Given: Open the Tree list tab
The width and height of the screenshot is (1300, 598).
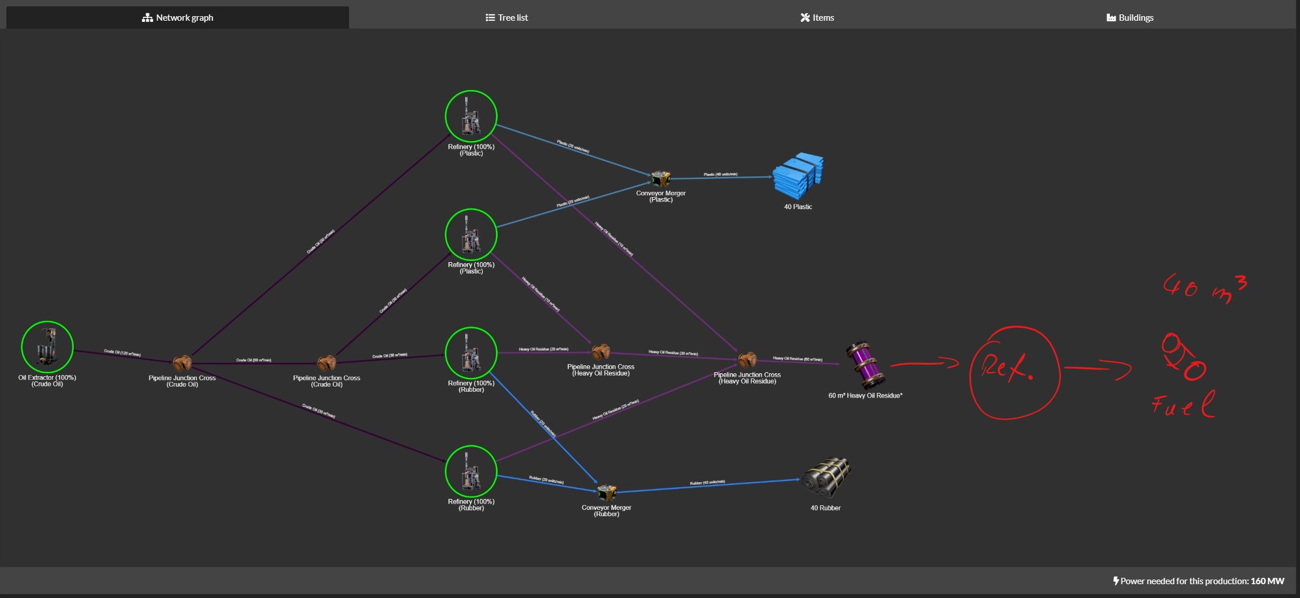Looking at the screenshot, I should (x=506, y=18).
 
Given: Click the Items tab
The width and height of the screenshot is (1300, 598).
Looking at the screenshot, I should (x=817, y=18).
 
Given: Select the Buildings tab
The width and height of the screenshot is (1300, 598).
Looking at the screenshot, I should (x=1130, y=18).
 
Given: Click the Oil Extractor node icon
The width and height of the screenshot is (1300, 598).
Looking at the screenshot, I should (x=47, y=347).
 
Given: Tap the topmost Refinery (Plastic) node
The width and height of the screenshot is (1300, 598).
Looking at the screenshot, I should (x=471, y=116).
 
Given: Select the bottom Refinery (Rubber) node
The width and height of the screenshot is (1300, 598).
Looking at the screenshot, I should (x=471, y=471).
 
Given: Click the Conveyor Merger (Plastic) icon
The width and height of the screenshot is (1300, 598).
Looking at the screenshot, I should (x=660, y=179).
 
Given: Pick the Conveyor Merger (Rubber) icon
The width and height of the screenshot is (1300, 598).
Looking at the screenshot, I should (x=606, y=493).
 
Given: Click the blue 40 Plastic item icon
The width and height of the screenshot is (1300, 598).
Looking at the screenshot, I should (x=798, y=176).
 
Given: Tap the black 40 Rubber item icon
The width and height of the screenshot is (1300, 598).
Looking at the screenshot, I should (x=826, y=478).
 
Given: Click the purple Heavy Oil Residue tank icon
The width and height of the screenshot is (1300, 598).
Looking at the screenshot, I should (x=865, y=365).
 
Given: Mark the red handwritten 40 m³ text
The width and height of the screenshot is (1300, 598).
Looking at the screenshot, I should (x=1204, y=288).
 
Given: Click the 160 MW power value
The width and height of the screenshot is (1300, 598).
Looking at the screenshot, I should (x=1267, y=581).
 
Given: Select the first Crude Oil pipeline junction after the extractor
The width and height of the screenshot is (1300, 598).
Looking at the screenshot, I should (x=182, y=363).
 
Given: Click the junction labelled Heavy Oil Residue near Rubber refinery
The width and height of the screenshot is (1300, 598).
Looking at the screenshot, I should (x=601, y=351).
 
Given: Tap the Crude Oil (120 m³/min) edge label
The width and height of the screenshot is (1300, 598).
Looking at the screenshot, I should (x=122, y=353).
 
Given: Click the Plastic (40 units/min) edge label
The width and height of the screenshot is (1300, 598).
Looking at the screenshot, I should (x=720, y=174).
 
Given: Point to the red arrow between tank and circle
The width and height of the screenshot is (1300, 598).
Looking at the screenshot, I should (x=924, y=363).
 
